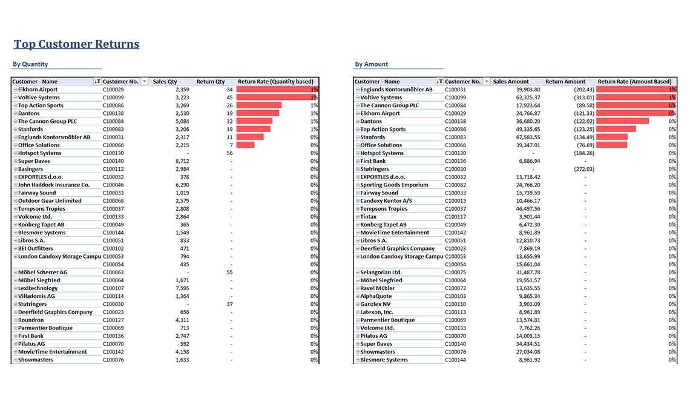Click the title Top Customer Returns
tap(77, 44)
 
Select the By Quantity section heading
tap(30, 64)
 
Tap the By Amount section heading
tap(372, 64)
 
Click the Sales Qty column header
tap(165, 81)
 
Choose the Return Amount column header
tap(565, 81)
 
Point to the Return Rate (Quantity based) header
tap(275, 81)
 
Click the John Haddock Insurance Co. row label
tap(54, 185)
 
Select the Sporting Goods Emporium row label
tap(394, 185)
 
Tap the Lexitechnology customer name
tap(38, 288)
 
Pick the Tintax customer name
tap(369, 217)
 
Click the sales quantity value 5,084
tap(182, 121)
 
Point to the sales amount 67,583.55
tap(528, 137)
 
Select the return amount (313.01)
tap(584, 97)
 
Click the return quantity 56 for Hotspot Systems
tap(230, 153)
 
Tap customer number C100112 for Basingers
tap(114, 169)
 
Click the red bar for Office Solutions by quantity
tap(246, 145)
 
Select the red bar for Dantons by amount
tap(623, 121)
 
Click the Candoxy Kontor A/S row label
tap(386, 201)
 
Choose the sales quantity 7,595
tap(182, 288)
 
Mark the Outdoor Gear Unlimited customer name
tap(50, 201)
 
